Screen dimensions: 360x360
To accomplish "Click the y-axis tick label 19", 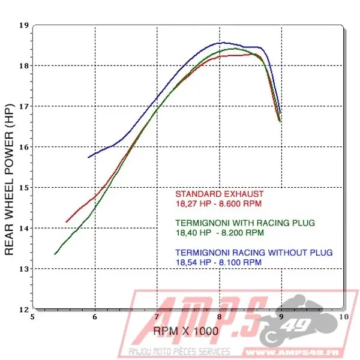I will [24, 25].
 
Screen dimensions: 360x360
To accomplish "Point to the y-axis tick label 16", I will [24, 147].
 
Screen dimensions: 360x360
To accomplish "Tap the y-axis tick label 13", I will [24, 269].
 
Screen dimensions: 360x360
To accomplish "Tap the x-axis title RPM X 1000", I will [186, 331].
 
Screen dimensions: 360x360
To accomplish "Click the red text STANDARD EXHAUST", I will [219, 194].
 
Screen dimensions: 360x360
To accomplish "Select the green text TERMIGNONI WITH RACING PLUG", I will [245, 223].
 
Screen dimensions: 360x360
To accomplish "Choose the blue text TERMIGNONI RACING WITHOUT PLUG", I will [253, 252].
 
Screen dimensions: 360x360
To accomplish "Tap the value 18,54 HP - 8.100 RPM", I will [218, 262].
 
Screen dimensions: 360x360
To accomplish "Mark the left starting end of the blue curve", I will [88, 157].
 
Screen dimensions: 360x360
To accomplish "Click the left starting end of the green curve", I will [55, 254].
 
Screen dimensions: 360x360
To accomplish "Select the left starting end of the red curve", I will [66, 222].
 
